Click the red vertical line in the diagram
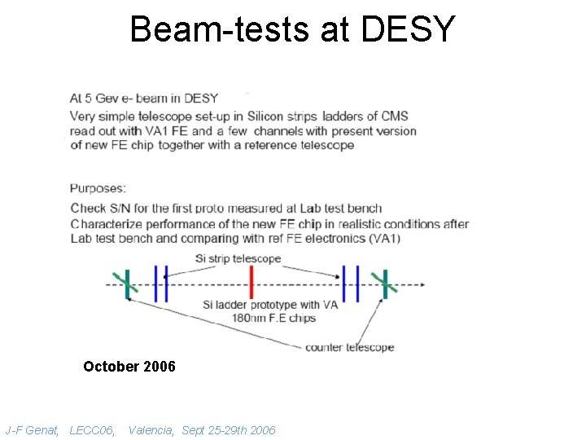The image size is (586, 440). pos(251,284)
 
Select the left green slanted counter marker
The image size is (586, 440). pos(128,284)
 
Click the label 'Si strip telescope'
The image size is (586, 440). pos(238,258)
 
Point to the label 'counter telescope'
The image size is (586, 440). pos(349,347)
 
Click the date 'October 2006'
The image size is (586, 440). pos(129,367)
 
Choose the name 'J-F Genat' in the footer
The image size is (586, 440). pos(32,429)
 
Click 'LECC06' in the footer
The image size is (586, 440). pos(92,429)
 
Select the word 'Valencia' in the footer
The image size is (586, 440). pos(151,429)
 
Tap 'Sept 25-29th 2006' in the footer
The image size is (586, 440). pos(229,429)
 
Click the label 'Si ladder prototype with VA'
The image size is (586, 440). pos(269,306)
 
